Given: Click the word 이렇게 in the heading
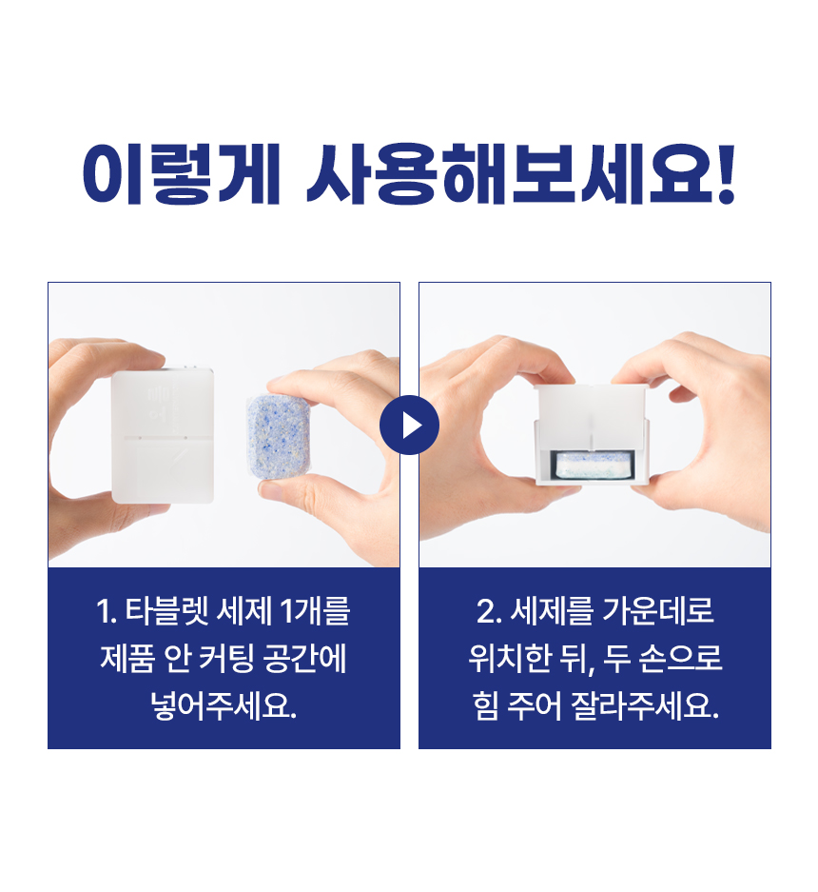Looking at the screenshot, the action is click(x=181, y=174).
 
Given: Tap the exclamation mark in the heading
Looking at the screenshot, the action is click(x=726, y=174).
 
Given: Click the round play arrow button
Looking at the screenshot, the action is click(x=409, y=425).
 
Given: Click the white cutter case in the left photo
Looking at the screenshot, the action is click(x=163, y=436).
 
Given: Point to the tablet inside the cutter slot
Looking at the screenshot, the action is click(x=594, y=465).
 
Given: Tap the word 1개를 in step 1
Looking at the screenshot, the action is click(x=316, y=611).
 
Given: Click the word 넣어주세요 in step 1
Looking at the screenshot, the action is click(x=224, y=706).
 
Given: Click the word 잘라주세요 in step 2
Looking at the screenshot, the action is click(x=645, y=706).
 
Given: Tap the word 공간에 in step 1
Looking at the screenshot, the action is click(x=304, y=659).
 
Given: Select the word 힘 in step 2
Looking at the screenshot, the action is click(x=485, y=706).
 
